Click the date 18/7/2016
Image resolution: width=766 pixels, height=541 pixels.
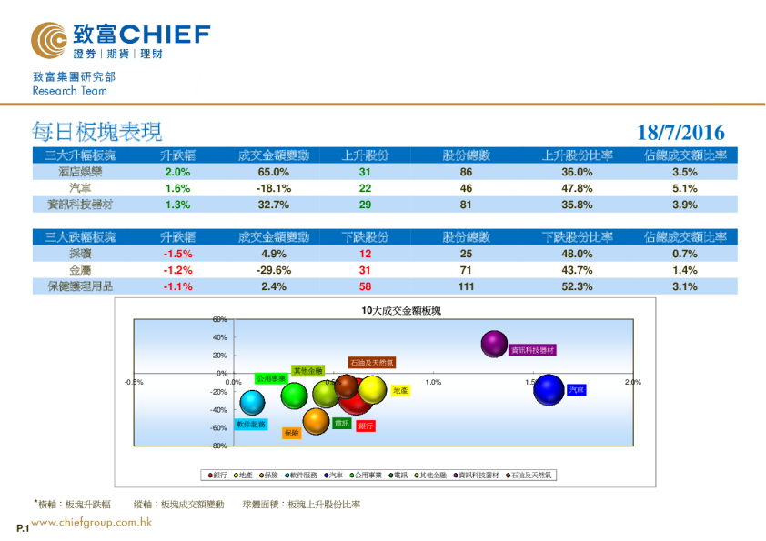[681, 133]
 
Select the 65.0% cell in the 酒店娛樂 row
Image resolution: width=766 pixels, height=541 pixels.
[273, 172]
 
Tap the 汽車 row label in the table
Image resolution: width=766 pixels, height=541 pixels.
[80, 188]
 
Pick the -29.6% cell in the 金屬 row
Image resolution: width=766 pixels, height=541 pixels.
[273, 270]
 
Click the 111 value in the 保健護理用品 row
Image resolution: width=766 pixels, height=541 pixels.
[466, 286]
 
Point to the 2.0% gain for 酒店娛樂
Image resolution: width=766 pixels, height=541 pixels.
[177, 172]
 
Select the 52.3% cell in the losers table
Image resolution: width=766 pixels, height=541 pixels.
[578, 286]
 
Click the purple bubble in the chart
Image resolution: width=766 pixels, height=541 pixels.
[493, 344]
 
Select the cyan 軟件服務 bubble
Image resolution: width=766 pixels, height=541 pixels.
[252, 401]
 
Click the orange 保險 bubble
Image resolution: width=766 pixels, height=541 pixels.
[316, 421]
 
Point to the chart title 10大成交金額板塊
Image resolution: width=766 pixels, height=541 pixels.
[402, 311]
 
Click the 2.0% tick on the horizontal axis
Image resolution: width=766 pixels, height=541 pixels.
[632, 383]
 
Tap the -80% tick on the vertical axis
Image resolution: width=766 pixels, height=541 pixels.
[219, 446]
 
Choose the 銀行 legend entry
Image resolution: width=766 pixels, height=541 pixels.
[219, 475]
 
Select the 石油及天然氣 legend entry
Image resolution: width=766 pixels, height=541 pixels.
[529, 475]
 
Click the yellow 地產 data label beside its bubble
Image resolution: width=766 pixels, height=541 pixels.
[400, 390]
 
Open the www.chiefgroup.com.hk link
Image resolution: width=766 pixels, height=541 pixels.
[91, 523]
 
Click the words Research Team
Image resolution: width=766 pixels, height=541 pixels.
[69, 91]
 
